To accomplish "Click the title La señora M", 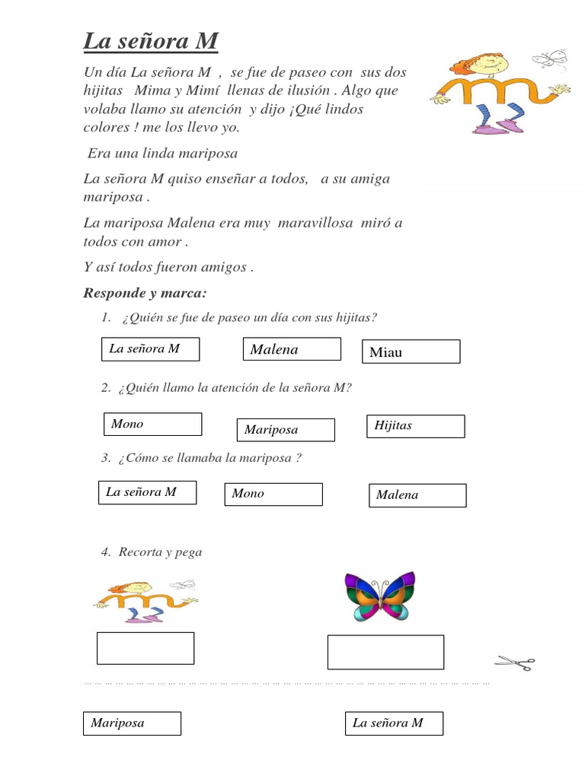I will click(151, 41).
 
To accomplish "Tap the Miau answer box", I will click(411, 351).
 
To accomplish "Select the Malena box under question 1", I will click(292, 349).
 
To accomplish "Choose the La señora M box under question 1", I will click(151, 349).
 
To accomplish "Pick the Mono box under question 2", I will click(153, 424).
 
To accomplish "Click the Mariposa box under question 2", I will click(286, 430).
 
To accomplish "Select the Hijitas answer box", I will click(415, 426).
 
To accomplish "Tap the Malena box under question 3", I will click(417, 495).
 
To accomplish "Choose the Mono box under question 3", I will click(273, 494).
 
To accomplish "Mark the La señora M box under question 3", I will click(148, 492).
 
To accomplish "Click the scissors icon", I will click(515, 663).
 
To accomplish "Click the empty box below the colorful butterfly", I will click(385, 652).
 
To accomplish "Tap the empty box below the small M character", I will click(145, 648).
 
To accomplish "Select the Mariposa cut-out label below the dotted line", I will click(132, 723).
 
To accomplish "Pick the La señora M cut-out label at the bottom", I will click(394, 723).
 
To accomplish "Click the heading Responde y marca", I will click(145, 293).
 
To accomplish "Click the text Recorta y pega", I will click(160, 552).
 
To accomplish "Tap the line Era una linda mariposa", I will click(163, 154).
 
